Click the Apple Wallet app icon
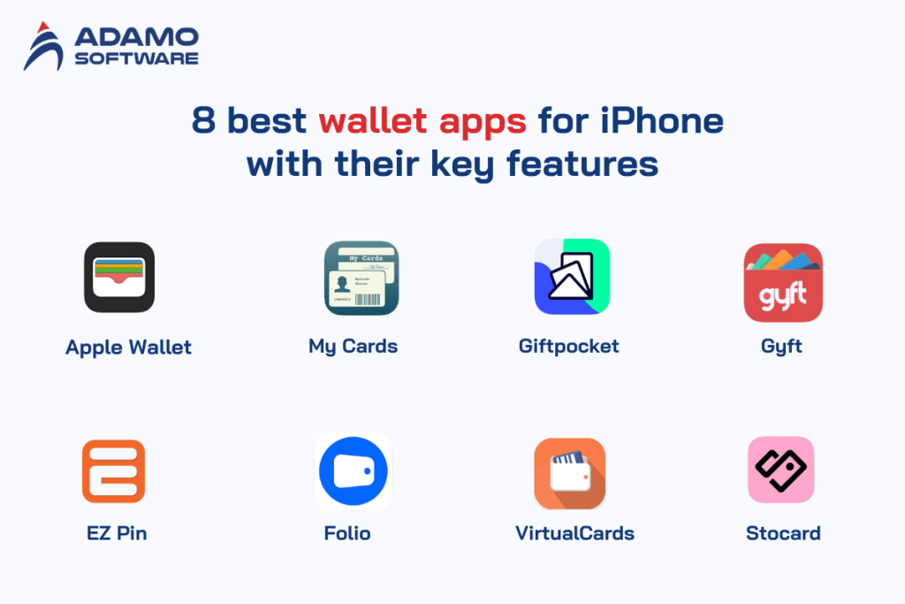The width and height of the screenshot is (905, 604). point(119,277)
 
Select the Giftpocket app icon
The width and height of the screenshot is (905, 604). point(572,277)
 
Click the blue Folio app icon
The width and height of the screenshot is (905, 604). point(354,470)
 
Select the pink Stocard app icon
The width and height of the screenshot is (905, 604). point(780,470)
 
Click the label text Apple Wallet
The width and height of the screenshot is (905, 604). point(128,348)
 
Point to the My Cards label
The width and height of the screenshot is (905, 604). point(353,346)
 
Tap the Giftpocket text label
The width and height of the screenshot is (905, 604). point(568,346)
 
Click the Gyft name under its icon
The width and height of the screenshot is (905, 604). point(781,346)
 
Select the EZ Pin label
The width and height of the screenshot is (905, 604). point(118,533)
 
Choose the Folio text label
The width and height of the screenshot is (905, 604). point(347,533)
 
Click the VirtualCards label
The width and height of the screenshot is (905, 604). point(574,533)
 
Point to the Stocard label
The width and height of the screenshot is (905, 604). point(783,533)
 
